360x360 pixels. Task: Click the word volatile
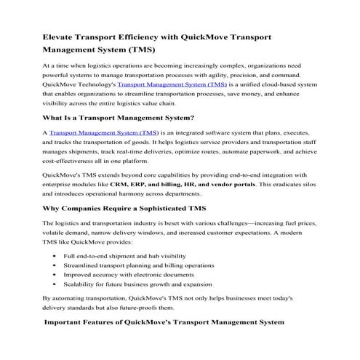click(57, 236)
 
